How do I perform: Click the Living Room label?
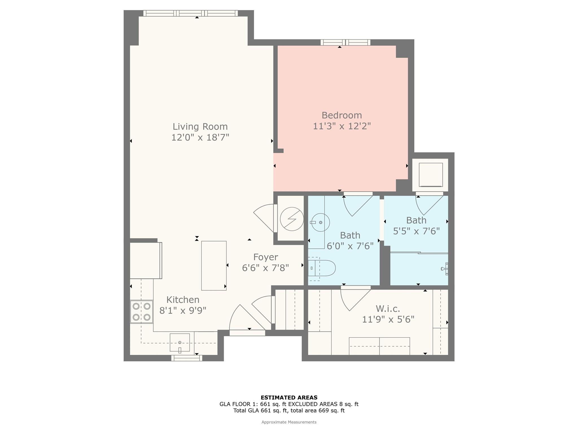[x=200, y=127]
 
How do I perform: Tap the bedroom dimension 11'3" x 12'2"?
[x=341, y=126]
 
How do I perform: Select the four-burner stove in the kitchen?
[x=141, y=312]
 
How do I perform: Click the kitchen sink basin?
[x=180, y=342]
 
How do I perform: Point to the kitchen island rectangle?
[x=214, y=266]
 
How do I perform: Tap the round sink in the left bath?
[x=320, y=223]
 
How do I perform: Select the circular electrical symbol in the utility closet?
[x=292, y=219]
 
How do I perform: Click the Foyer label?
[x=266, y=257]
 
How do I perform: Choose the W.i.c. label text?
[x=388, y=308]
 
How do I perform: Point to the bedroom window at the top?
[x=345, y=42]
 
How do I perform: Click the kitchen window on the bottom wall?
[x=187, y=358]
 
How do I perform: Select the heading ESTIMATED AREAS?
[x=289, y=398]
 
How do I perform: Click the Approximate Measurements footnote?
[x=289, y=422]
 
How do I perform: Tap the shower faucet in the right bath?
[x=445, y=268]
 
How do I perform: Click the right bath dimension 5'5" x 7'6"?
[x=416, y=231]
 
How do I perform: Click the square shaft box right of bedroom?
[x=430, y=175]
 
